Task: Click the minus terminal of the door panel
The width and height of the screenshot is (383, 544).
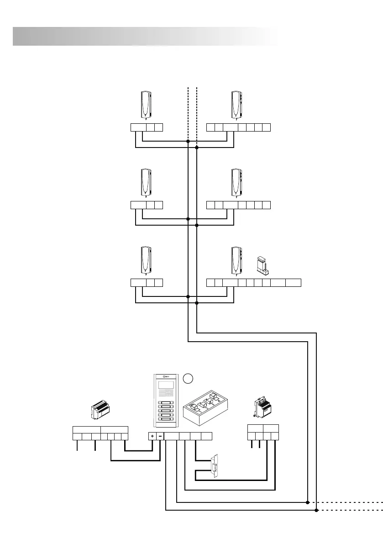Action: pyautogui.click(x=160, y=436)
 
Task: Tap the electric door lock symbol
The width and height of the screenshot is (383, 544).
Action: pyautogui.click(x=214, y=467)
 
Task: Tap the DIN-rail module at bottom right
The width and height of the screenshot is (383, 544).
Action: pyautogui.click(x=262, y=407)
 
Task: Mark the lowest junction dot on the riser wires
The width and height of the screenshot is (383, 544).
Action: pyautogui.click(x=197, y=302)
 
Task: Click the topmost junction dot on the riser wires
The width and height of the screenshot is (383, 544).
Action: pyautogui.click(x=188, y=142)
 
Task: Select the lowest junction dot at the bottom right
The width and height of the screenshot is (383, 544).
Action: pyautogui.click(x=316, y=511)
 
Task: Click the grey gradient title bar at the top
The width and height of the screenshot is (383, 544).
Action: pyautogui.click(x=145, y=36)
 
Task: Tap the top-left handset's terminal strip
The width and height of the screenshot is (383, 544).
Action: pyautogui.click(x=147, y=127)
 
